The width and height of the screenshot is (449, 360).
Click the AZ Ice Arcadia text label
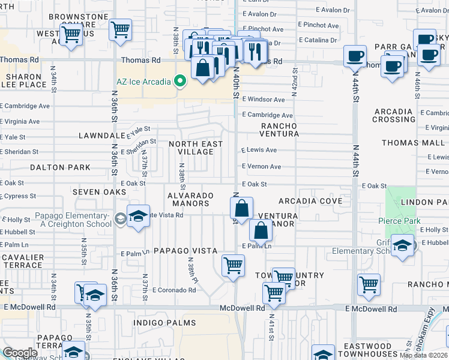point(142,81)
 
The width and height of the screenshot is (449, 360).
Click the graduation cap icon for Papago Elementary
point(138,217)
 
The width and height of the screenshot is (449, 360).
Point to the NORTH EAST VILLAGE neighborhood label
point(196,148)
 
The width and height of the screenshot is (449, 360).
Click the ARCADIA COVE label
point(310,201)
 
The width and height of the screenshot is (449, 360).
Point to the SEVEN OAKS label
point(100,192)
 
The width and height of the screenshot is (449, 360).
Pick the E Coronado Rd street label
point(174,290)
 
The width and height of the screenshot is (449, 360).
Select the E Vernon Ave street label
point(261,167)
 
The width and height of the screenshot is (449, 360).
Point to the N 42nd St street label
point(295,77)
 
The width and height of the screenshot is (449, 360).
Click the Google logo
point(20,353)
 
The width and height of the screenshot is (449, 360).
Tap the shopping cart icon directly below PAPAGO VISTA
point(233,265)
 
